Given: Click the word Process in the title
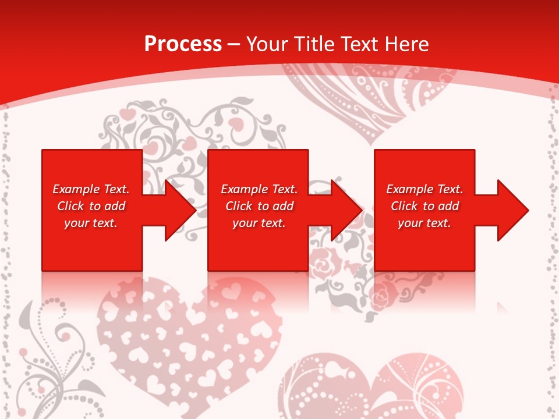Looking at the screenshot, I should pyautogui.click(x=183, y=44).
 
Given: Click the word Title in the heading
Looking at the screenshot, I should pyautogui.click(x=313, y=44).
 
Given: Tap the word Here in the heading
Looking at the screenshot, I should pyautogui.click(x=407, y=44).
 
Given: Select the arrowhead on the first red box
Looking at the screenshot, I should pyautogui.click(x=177, y=210).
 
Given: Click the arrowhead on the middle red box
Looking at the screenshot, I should pyautogui.click(x=344, y=210).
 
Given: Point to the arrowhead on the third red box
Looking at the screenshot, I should pyautogui.click(x=510, y=210).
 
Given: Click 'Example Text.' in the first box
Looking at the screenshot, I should pyautogui.click(x=91, y=189).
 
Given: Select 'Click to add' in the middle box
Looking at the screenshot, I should pyautogui.click(x=259, y=206).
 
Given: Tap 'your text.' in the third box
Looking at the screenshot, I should pyautogui.click(x=424, y=223).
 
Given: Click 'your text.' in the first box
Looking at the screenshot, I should pyautogui.click(x=91, y=223).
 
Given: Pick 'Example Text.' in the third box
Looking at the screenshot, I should pyautogui.click(x=424, y=189).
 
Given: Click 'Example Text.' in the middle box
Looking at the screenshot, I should pyautogui.click(x=259, y=189).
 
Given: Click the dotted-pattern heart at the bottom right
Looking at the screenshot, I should pyautogui.click(x=373, y=387).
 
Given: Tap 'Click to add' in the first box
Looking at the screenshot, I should pyautogui.click(x=91, y=206).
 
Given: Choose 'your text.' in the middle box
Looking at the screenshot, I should pyautogui.click(x=259, y=223).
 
